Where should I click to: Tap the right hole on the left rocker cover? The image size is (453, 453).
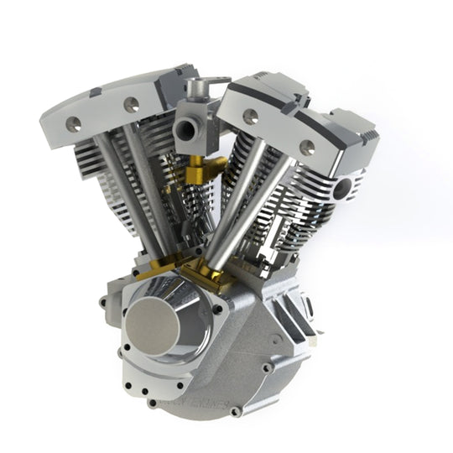[131, 105]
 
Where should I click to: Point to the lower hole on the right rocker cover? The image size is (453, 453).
[308, 148]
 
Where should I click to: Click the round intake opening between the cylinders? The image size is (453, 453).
[185, 131]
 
